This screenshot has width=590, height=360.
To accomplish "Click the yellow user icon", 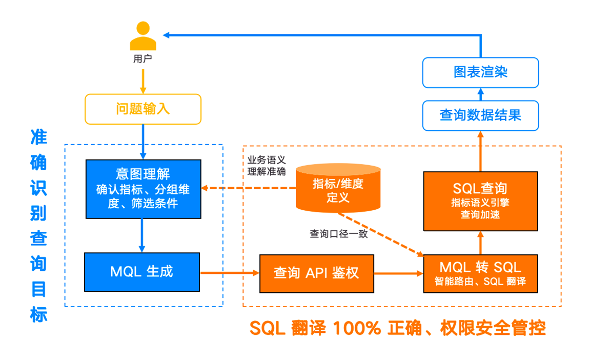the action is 143,36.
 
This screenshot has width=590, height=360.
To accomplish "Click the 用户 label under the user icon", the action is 143,59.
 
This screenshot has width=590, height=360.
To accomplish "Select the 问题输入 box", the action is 143,109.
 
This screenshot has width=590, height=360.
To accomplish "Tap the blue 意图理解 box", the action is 144,189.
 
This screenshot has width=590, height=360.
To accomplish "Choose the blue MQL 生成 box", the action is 142,272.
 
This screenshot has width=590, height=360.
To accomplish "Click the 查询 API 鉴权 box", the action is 317,274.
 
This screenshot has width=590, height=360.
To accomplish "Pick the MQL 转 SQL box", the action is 480,274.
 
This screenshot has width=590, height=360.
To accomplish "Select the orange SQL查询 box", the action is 480,201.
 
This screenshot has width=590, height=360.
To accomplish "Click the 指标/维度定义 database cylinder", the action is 338,188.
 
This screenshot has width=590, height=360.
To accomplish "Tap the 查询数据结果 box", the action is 480,115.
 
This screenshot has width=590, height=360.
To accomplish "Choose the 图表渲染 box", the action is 480,73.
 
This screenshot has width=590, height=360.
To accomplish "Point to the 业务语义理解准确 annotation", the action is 267,166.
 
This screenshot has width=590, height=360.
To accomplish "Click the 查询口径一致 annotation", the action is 339,234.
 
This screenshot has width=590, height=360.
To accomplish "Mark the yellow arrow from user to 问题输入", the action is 143,82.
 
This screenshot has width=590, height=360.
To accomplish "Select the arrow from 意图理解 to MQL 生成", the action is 142,235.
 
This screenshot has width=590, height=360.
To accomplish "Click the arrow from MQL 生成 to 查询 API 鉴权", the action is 230,273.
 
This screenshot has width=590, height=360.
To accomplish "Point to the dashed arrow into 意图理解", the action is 249,188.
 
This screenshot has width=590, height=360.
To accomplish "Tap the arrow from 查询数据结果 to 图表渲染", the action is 480,94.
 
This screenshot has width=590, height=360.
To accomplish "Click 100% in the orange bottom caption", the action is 357,328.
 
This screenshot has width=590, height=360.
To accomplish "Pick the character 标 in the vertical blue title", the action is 39,314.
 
